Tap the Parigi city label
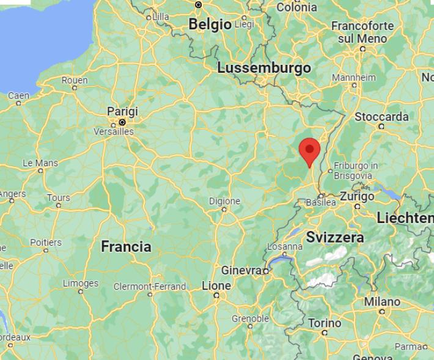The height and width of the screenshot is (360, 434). [122, 112]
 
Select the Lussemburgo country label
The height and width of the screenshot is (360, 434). [264, 68]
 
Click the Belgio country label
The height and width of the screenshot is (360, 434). [210, 24]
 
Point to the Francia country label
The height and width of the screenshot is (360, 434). [126, 247]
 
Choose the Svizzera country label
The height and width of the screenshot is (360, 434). [335, 237]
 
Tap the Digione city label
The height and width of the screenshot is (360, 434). [224, 200]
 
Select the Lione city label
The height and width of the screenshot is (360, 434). [216, 285]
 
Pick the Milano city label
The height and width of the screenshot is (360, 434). [382, 301]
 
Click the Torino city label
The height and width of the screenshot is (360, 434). [325, 323]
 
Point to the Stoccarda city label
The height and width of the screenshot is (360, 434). [381, 117]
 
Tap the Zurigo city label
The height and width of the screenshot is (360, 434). [357, 196]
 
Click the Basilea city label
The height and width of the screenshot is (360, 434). [321, 202]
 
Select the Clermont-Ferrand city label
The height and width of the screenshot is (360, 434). [150, 286]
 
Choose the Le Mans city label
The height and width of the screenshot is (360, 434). [40, 163]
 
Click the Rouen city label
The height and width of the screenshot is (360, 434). [75, 80]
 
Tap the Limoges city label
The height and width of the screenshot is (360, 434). [81, 284]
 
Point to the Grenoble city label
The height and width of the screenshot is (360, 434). [250, 318]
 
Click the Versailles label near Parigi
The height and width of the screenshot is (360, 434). [113, 131]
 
